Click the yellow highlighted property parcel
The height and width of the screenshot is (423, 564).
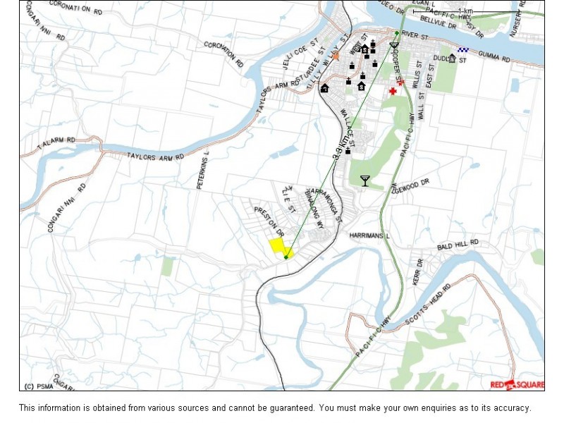point(279,246)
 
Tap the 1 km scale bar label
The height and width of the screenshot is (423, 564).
point(465,11)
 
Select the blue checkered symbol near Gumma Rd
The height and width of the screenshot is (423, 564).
point(462,50)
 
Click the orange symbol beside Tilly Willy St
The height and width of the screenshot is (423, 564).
point(336,55)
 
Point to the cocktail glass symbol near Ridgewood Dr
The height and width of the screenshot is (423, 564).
point(364,180)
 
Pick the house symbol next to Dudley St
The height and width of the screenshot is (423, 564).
point(452,59)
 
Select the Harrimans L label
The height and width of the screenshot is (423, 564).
point(369,236)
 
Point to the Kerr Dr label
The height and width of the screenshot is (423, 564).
point(419,272)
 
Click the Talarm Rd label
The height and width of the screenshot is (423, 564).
point(56,141)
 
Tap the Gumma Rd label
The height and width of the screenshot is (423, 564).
point(493,56)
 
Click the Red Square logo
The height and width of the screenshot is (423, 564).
point(517,384)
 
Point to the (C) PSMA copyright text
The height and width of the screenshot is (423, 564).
point(39,386)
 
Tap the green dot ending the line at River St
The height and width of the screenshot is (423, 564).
point(397,32)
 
